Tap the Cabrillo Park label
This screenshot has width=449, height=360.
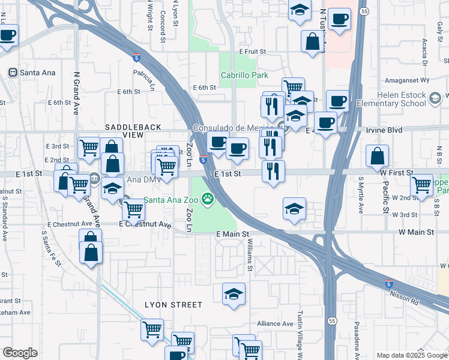point(244,76)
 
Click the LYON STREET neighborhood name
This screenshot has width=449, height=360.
point(173,305)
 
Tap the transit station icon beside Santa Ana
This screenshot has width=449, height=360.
point(12,73)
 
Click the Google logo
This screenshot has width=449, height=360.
point(20,353)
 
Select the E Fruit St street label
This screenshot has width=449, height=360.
point(252,52)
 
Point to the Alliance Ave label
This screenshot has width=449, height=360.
point(275,323)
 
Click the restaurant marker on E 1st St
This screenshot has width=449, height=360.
point(273,171)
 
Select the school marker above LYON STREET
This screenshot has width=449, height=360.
point(234,294)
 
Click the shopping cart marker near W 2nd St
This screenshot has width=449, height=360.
point(422,185)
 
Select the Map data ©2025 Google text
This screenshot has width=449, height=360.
point(411,355)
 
